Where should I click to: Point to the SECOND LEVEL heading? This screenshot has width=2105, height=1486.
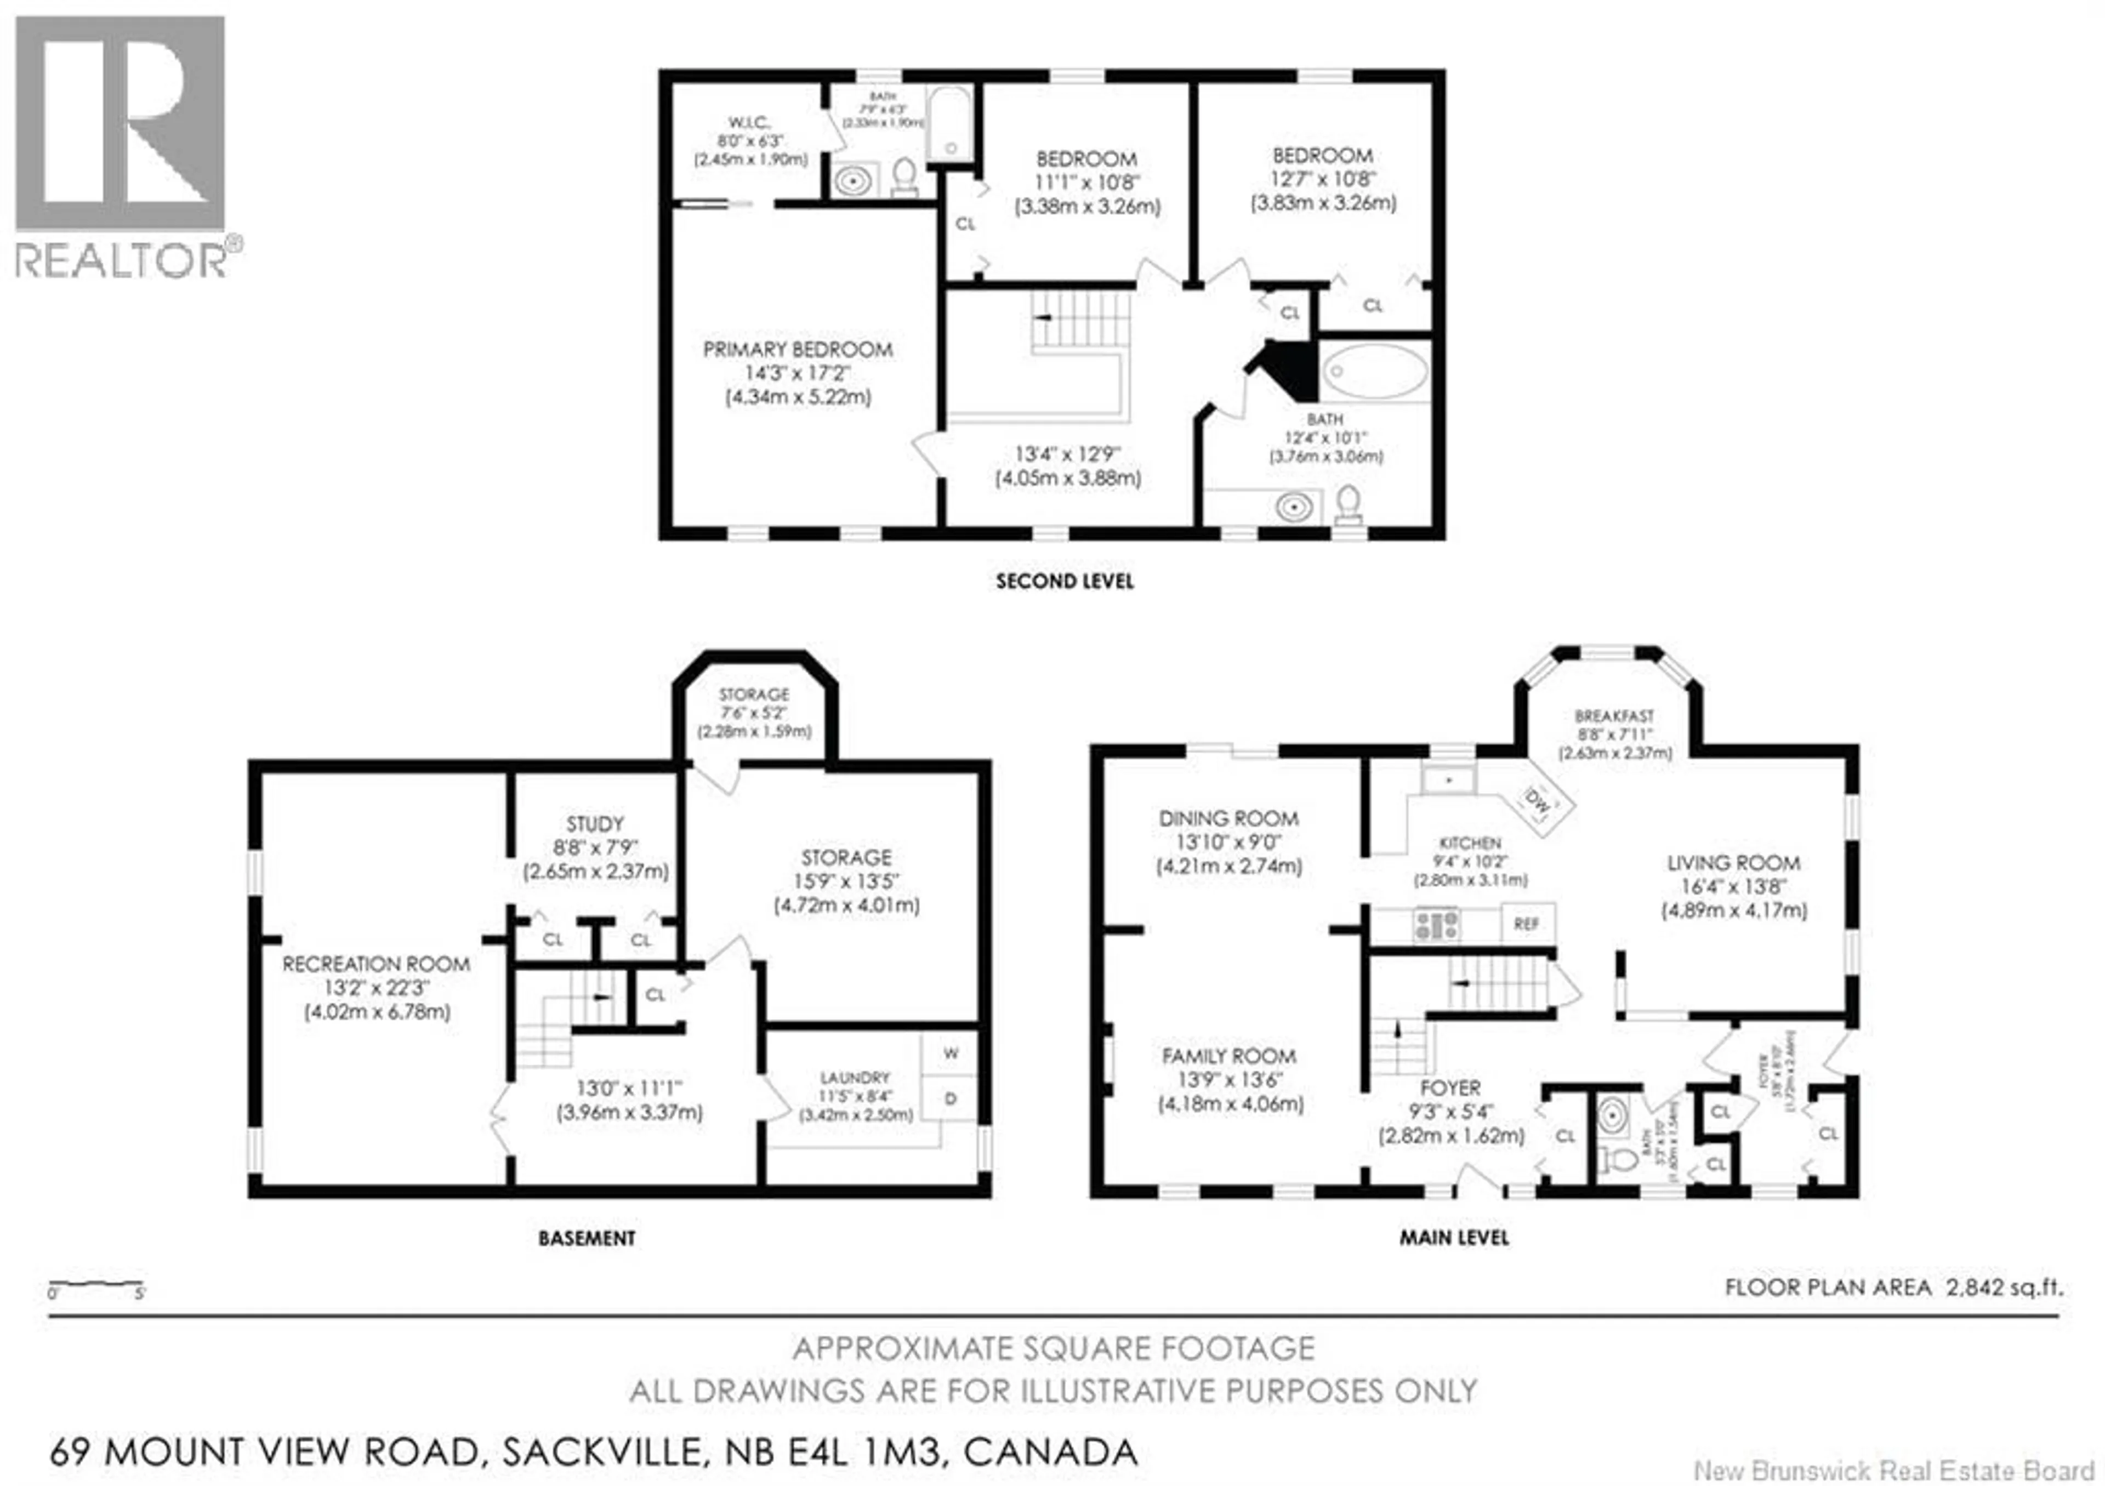[1065, 580]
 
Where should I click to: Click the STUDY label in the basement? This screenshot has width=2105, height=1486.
[594, 823]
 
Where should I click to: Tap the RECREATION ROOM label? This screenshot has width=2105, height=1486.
[376, 964]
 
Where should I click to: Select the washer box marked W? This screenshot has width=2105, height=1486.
[951, 1054]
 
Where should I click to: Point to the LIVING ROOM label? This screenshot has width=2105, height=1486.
[1733, 863]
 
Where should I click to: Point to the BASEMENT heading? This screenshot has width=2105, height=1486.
[587, 1238]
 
